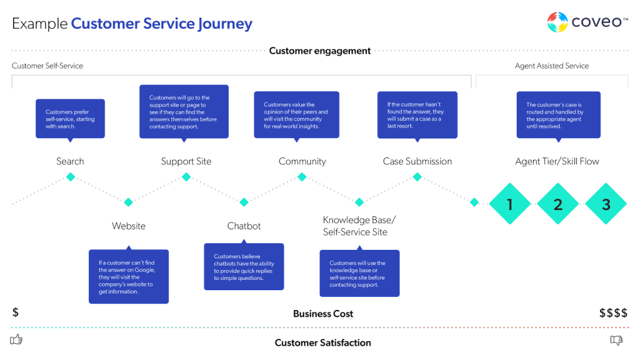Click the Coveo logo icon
(557, 22)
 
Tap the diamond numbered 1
(510, 204)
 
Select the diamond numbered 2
(558, 204)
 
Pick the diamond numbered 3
(606, 204)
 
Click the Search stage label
(70, 161)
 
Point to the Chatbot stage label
(244, 226)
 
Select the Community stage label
(302, 161)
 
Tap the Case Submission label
(417, 161)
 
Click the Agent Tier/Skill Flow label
(557, 161)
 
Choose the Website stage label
(129, 226)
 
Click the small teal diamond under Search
(71, 177)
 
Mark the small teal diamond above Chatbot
(244, 202)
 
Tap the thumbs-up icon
(16, 340)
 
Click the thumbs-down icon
(616, 340)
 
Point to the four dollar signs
(613, 313)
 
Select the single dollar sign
(16, 312)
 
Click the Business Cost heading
(323, 314)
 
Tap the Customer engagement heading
(320, 51)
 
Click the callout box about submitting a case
(417, 115)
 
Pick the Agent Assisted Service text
(552, 66)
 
